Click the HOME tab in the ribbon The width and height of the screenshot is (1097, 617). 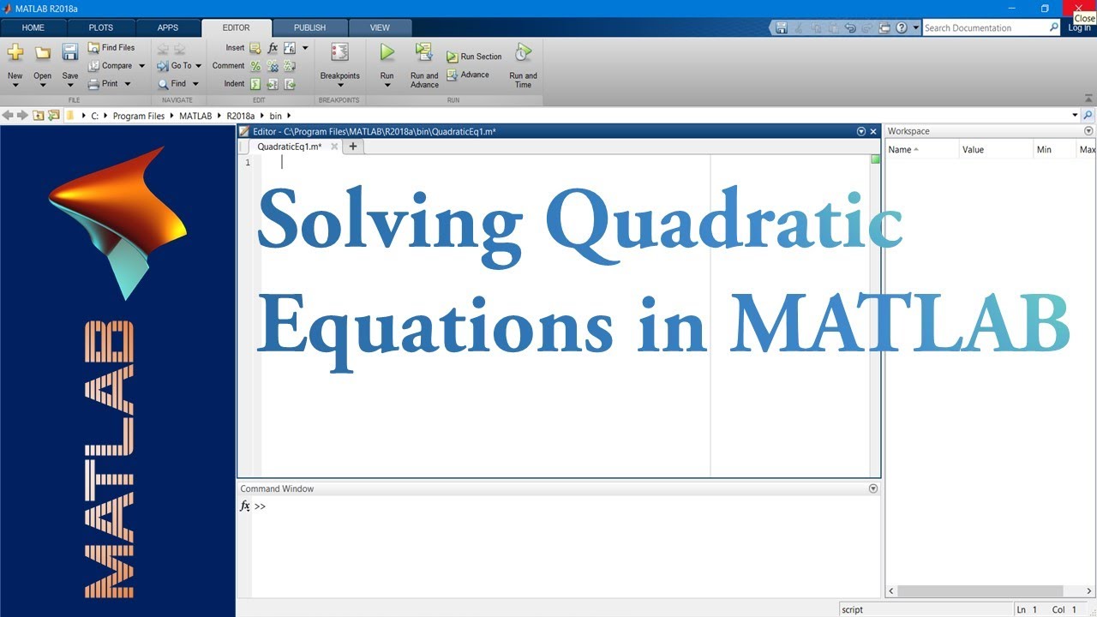(x=33, y=27)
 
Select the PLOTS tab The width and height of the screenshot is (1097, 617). (x=101, y=27)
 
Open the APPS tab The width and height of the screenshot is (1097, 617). (x=168, y=27)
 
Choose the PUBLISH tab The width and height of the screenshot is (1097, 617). (x=309, y=27)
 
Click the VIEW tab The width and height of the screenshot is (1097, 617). (x=380, y=27)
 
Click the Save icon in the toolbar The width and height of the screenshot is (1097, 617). (x=70, y=53)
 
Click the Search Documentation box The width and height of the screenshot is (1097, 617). (x=986, y=27)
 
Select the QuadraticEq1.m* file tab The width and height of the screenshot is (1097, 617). (x=289, y=147)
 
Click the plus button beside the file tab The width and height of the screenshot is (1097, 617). (x=352, y=147)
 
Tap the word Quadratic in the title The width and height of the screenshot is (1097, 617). (x=723, y=222)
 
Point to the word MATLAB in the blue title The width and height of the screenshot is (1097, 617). (x=900, y=323)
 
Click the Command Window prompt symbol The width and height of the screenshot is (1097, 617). (x=261, y=506)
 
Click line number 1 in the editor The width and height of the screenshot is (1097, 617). (x=248, y=163)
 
